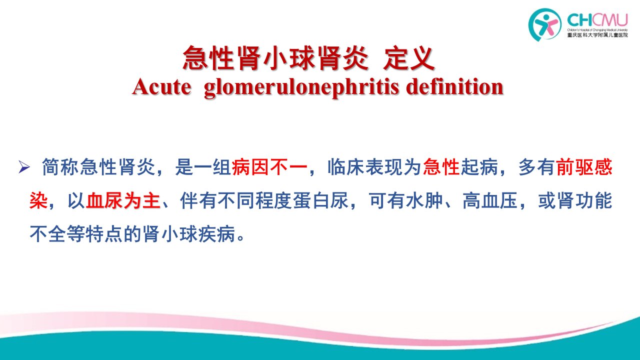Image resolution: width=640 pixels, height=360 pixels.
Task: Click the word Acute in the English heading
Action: click(161, 86)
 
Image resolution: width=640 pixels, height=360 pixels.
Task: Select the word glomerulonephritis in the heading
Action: click(301, 87)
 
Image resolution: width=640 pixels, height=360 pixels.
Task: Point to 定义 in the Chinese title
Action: click(409, 58)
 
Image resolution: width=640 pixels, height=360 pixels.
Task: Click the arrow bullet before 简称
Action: click(24, 167)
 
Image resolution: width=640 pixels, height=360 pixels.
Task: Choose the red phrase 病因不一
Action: click(269, 167)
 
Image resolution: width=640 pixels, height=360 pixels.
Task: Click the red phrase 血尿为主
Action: click(123, 201)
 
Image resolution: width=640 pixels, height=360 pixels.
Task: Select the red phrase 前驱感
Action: click(584, 167)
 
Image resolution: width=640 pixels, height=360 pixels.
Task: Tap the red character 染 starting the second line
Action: click(38, 201)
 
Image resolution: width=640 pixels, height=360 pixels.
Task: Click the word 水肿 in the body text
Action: click(424, 201)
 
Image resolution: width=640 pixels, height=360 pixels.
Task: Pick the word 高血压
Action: click(490, 201)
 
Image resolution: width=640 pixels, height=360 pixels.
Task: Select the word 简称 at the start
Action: click(60, 167)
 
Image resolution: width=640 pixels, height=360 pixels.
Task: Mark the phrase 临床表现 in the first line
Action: click(365, 167)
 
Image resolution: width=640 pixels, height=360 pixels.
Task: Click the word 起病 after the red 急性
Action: click(479, 167)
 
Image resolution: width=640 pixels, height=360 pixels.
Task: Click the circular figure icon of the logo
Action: click(544, 24)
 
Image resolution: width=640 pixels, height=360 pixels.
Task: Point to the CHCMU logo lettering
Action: click(597, 20)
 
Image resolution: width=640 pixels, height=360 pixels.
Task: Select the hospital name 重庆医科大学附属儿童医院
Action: click(597, 35)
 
